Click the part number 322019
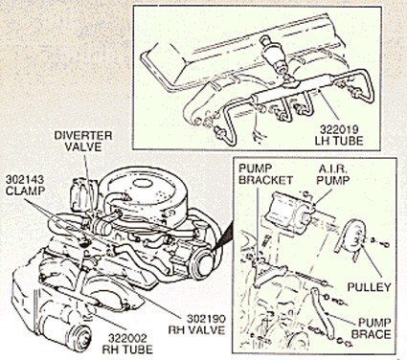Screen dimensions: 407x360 (x=339, y=129)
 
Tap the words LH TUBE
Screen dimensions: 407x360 (x=339, y=141)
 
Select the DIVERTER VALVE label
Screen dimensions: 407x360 (x=83, y=141)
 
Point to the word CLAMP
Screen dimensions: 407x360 (x=25, y=191)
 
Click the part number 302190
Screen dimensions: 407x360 (x=206, y=319)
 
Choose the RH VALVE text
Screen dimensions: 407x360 (x=196, y=329)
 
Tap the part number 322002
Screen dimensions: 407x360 (x=127, y=338)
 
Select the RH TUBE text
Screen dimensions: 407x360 (x=127, y=349)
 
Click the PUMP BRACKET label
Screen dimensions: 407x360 (x=266, y=174)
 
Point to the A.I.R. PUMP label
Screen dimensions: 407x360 (x=332, y=174)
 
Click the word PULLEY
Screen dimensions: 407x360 (x=369, y=286)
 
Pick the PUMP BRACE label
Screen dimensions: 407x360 (x=371, y=328)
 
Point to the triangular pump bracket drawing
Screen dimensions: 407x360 (x=267, y=271)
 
